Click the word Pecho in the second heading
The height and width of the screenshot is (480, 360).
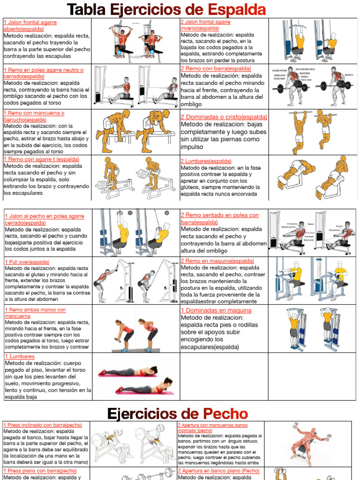coord(225,413)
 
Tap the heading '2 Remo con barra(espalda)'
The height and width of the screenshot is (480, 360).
coord(216,68)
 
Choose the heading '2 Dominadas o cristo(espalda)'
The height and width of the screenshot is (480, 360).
coord(224,117)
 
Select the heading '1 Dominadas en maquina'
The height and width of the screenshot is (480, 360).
coord(216,310)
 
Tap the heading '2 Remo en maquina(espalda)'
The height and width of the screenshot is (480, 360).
coord(217,261)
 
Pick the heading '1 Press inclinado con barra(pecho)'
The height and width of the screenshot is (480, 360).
coord(42,425)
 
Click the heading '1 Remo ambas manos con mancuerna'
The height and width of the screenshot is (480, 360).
coord(35,313)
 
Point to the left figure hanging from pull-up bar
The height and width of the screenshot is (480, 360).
coord(299,131)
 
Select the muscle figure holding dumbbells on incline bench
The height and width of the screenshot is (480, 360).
coord(307,442)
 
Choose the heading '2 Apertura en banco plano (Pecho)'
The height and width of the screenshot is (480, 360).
coord(218,471)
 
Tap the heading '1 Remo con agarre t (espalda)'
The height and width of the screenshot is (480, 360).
coord(41,159)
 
